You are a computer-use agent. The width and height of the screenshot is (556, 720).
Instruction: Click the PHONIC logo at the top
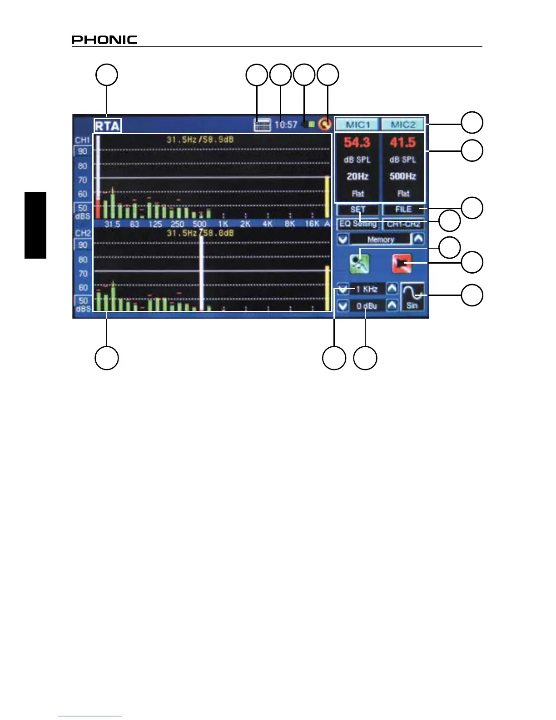coord(104,40)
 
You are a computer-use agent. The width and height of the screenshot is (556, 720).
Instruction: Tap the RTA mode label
coord(107,125)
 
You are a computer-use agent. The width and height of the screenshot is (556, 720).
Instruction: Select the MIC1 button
coord(358,125)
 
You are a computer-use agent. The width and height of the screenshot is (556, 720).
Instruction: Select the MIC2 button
coord(402,125)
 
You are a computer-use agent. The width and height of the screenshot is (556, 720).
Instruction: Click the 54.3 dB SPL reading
coord(357,143)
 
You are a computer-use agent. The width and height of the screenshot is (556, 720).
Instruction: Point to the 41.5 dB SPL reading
coord(402,143)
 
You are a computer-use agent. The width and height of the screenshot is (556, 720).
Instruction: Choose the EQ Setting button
coord(358,224)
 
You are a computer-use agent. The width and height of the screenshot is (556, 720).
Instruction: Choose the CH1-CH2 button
coord(403,224)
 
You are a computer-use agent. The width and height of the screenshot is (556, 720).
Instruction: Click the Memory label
coord(381,240)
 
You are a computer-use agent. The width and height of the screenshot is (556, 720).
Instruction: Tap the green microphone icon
coord(359,263)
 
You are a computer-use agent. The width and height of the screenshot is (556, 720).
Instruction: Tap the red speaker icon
coord(402,263)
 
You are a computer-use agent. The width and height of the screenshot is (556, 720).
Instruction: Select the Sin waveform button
coord(412,296)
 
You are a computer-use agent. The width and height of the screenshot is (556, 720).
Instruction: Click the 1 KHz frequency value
coord(367,289)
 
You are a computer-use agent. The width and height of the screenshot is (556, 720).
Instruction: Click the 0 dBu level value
coord(367,306)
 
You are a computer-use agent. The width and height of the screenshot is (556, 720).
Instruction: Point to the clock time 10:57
coord(286,125)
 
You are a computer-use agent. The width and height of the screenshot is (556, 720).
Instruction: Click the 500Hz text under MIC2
coord(402,176)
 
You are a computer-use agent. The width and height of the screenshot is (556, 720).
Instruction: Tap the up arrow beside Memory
coord(418,239)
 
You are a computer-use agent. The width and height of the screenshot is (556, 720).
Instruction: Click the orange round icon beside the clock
coord(324,124)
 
